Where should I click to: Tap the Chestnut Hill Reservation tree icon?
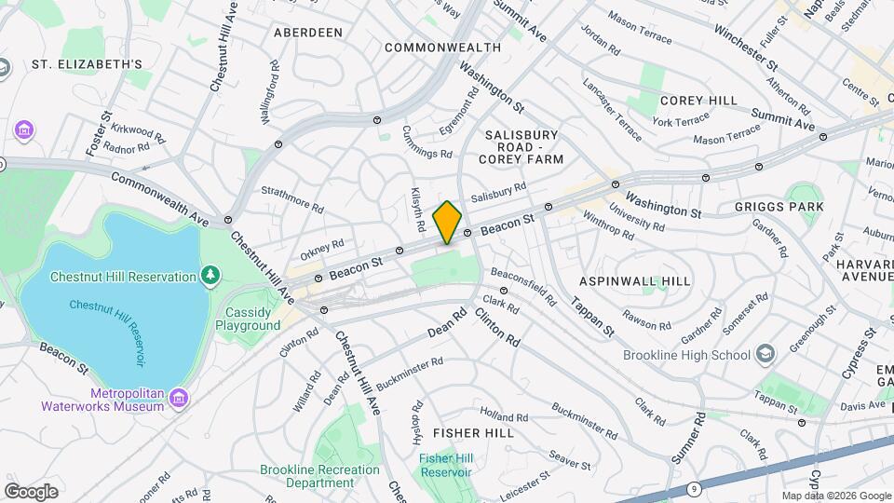(211, 276)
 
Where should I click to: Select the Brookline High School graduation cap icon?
(765, 355)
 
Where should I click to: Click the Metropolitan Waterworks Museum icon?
(181, 399)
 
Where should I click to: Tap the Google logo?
(31, 491)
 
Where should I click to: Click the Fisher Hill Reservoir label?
(445, 465)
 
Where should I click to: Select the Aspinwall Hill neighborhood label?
(634, 281)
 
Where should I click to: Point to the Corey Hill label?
(698, 101)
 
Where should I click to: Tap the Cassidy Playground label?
(248, 319)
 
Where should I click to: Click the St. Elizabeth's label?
(87, 64)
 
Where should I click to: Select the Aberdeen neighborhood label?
(308, 33)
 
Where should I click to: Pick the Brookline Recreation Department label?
(319, 476)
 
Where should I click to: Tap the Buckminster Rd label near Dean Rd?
(411, 369)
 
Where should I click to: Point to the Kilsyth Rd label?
(418, 211)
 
